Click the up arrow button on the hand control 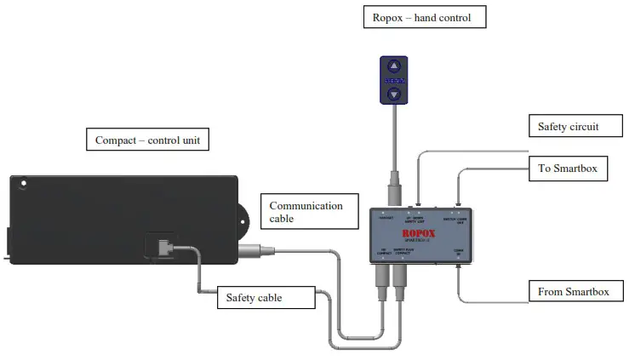(393, 66)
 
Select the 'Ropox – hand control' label (416, 17)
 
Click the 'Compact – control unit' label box (147, 140)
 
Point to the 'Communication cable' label (307, 212)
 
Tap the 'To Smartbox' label (568, 168)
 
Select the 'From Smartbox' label (574, 291)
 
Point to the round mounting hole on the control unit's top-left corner (25, 182)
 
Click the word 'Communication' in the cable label (306, 205)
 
